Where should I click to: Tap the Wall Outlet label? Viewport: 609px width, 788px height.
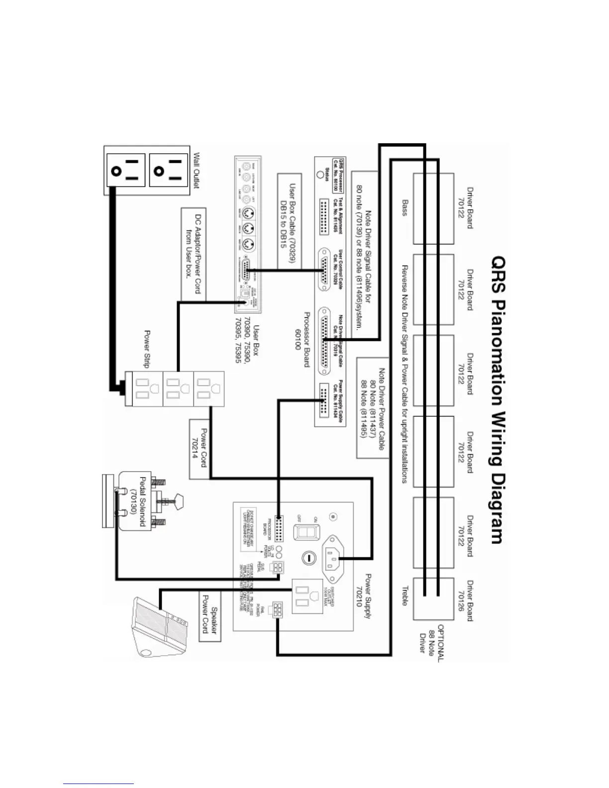196,170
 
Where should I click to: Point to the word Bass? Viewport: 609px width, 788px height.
406,207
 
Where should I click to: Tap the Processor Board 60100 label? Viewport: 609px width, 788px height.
303,331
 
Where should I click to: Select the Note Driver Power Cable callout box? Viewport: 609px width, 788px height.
372,407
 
